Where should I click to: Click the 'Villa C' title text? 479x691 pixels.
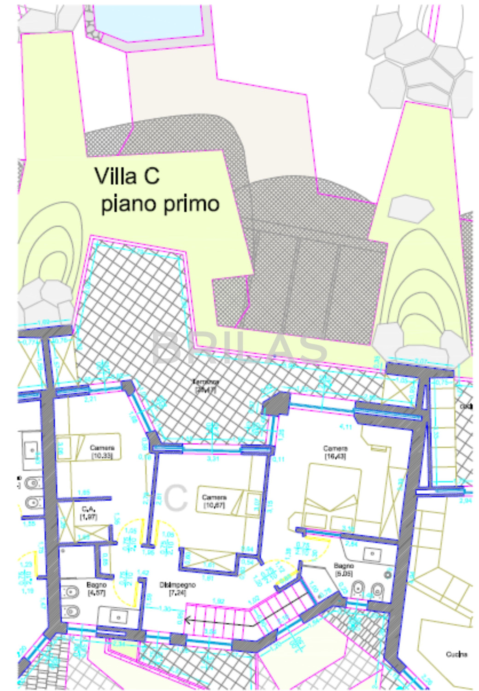[x=127, y=176]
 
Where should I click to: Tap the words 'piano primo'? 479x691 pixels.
[x=160, y=204]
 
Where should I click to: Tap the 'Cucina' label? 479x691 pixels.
[x=456, y=654]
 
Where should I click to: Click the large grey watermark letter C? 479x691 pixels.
[x=175, y=498]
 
